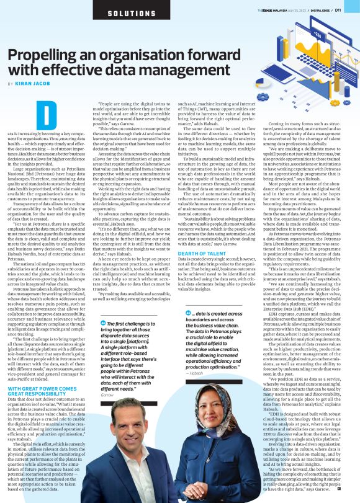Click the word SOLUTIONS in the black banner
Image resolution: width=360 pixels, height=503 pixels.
pyautogui.click(x=132, y=13)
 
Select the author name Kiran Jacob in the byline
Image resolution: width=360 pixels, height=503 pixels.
pyautogui.click(x=34, y=83)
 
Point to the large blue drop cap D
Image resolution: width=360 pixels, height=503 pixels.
pyautogui.click(x=47, y=117)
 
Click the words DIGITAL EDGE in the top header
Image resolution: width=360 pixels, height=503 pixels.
pyautogui.click(x=320, y=11)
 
